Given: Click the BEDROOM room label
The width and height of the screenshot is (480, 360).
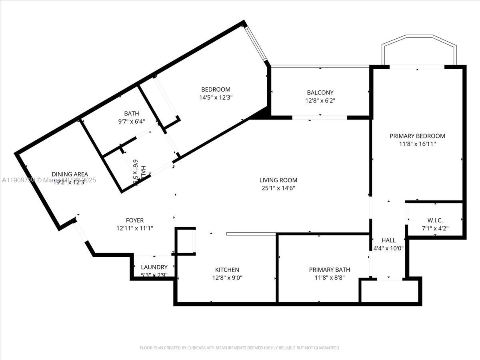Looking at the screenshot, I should click(x=216, y=90).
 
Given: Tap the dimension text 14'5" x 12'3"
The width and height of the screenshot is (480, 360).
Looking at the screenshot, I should click(x=216, y=97).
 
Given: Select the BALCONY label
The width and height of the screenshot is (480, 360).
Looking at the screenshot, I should click(x=320, y=93).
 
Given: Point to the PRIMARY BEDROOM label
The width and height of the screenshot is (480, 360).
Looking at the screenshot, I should click(x=417, y=136).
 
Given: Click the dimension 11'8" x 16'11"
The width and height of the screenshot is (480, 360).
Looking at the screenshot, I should click(x=417, y=144).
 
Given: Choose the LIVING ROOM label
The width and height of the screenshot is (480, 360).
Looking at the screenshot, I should click(x=279, y=180).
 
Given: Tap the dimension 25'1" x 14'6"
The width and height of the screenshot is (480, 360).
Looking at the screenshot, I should click(x=279, y=188).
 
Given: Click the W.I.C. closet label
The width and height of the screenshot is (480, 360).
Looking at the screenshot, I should click(x=435, y=221).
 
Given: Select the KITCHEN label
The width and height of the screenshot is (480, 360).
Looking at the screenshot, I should click(x=227, y=270).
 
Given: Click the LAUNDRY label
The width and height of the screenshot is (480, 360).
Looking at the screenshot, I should click(x=154, y=267).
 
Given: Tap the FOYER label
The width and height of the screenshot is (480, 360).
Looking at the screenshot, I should click(x=134, y=220).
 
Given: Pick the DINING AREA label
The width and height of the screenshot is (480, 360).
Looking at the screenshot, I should click(x=70, y=174).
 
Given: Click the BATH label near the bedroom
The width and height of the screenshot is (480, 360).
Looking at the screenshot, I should click(x=131, y=114).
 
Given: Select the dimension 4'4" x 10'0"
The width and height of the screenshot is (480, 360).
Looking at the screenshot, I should click(x=388, y=248).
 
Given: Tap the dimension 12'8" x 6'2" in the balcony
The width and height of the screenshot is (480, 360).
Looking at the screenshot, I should click(x=320, y=101).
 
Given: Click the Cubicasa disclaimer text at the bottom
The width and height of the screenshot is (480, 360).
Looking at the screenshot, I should click(x=240, y=348).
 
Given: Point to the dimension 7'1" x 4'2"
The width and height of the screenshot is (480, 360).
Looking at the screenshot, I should click(x=435, y=229).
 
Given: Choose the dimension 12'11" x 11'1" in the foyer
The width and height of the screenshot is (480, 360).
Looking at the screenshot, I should click(x=134, y=228).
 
